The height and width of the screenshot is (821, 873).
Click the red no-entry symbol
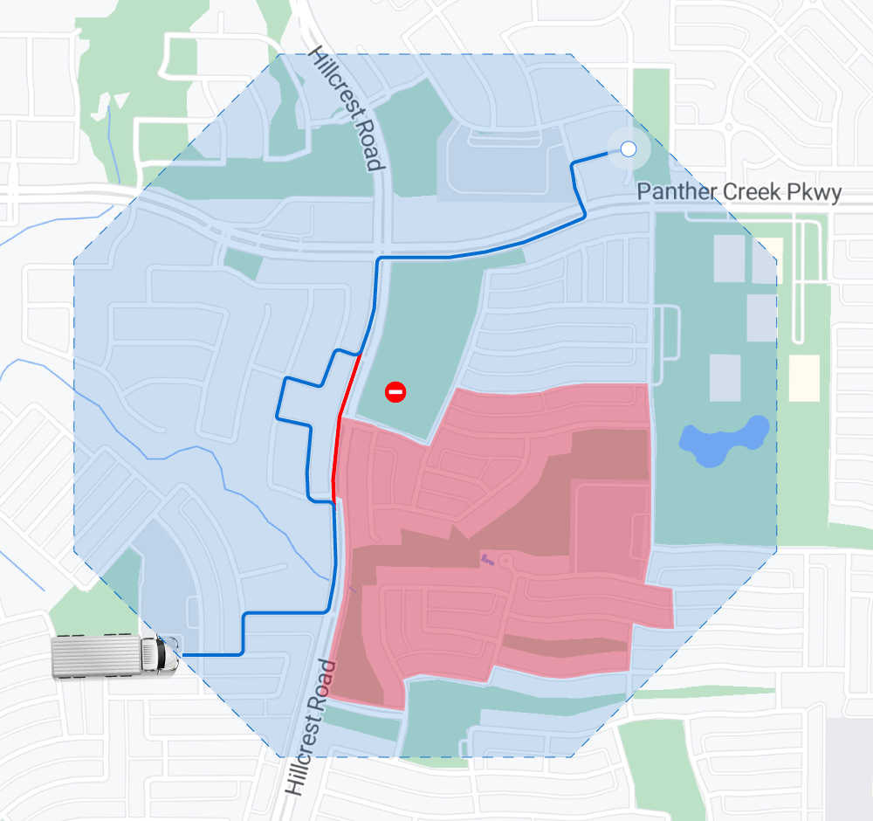[395, 393]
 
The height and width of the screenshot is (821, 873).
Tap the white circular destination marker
[628, 149]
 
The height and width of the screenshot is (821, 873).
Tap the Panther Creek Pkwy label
[739, 191]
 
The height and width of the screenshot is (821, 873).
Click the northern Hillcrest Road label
[347, 108]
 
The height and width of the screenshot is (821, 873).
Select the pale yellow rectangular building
[805, 377]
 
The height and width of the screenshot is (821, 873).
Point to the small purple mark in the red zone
[486, 558]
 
